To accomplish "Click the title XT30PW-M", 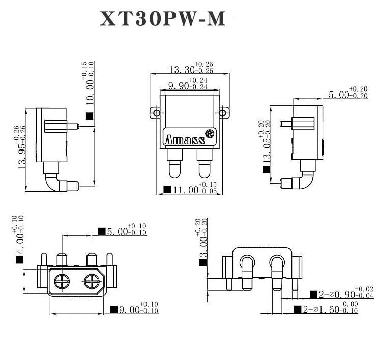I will coord(162,20).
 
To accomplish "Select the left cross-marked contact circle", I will coord(62,280).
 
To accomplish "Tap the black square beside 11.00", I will coord(167,190).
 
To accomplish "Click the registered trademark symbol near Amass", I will coord(209,134).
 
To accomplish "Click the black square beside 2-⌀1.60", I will coord(297,309).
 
